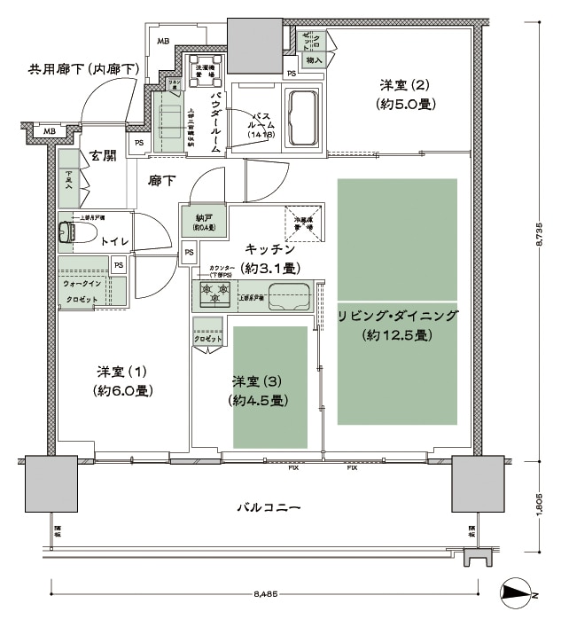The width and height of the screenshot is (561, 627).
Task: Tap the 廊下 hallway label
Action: (161, 181)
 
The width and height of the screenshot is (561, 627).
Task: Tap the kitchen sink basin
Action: (288, 293)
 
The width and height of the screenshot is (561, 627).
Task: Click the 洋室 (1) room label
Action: (122, 380)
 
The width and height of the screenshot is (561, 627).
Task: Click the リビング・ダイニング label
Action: (397, 325)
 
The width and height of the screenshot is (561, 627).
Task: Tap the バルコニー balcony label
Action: (270, 508)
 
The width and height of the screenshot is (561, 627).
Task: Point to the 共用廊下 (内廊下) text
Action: (83, 69)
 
